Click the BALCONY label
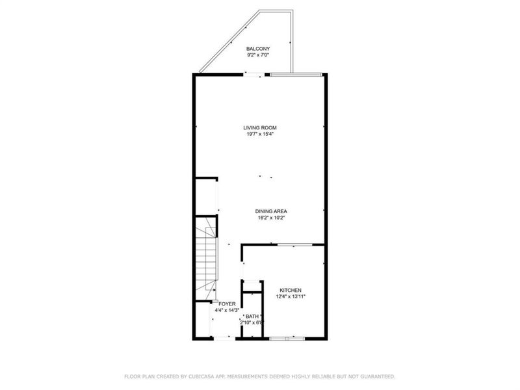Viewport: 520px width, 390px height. tap(257, 49)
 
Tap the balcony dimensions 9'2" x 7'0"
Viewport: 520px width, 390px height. tap(257, 56)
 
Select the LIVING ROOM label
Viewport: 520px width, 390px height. tap(257, 127)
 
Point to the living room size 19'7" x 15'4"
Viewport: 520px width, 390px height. tap(257, 135)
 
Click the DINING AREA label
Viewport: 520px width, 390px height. tap(271, 211)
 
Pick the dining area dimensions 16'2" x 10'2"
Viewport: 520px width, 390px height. tap(271, 218)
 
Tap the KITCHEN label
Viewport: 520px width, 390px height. tap(291, 290)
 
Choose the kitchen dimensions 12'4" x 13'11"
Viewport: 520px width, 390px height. tap(291, 296)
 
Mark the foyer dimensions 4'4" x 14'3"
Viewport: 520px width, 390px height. tap(227, 310)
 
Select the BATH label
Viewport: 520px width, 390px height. tap(252, 316)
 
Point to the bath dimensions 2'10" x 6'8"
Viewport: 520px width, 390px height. tap(252, 322)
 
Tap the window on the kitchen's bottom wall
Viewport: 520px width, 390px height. tap(287, 338)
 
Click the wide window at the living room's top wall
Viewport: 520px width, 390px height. tap(296, 75)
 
